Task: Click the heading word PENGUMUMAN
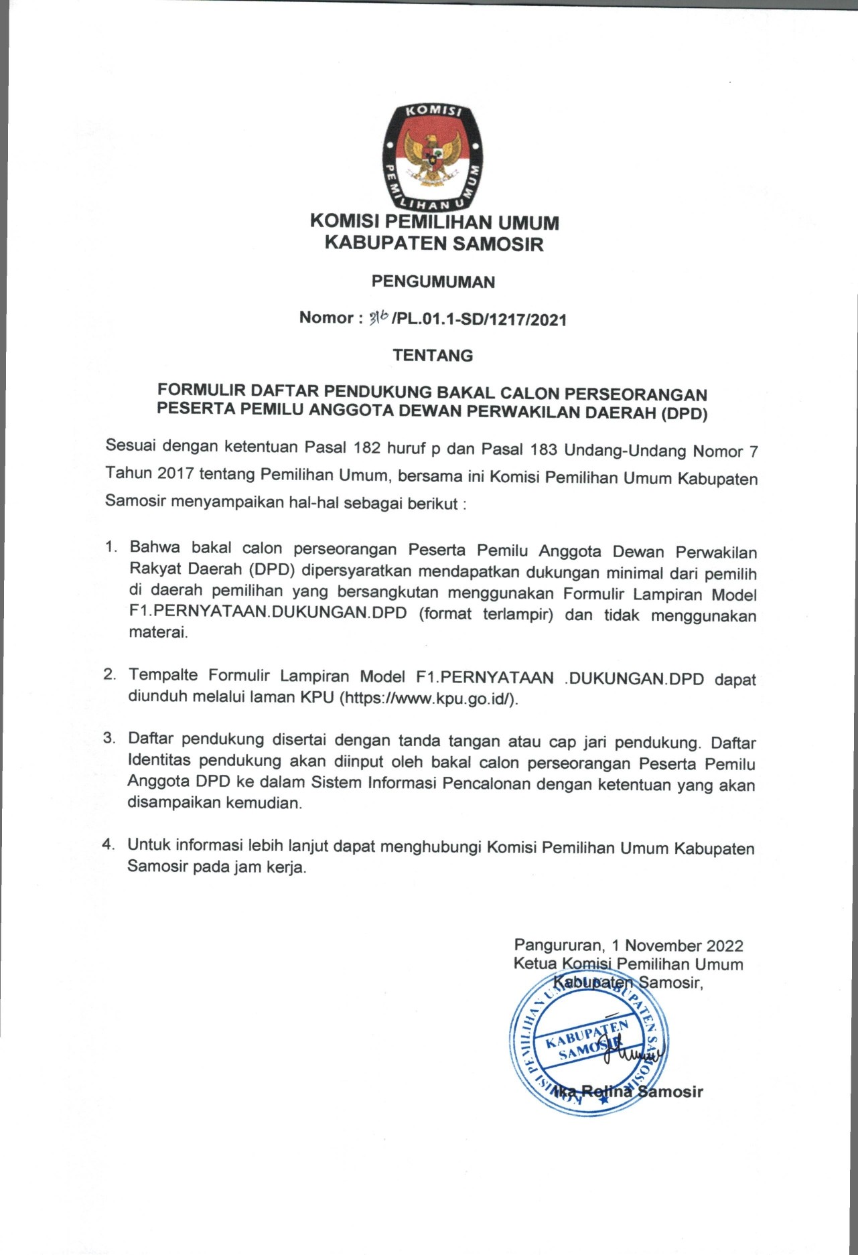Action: point(433,282)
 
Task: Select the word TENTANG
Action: point(433,356)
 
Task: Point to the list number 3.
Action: point(109,738)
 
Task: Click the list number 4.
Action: point(109,844)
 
